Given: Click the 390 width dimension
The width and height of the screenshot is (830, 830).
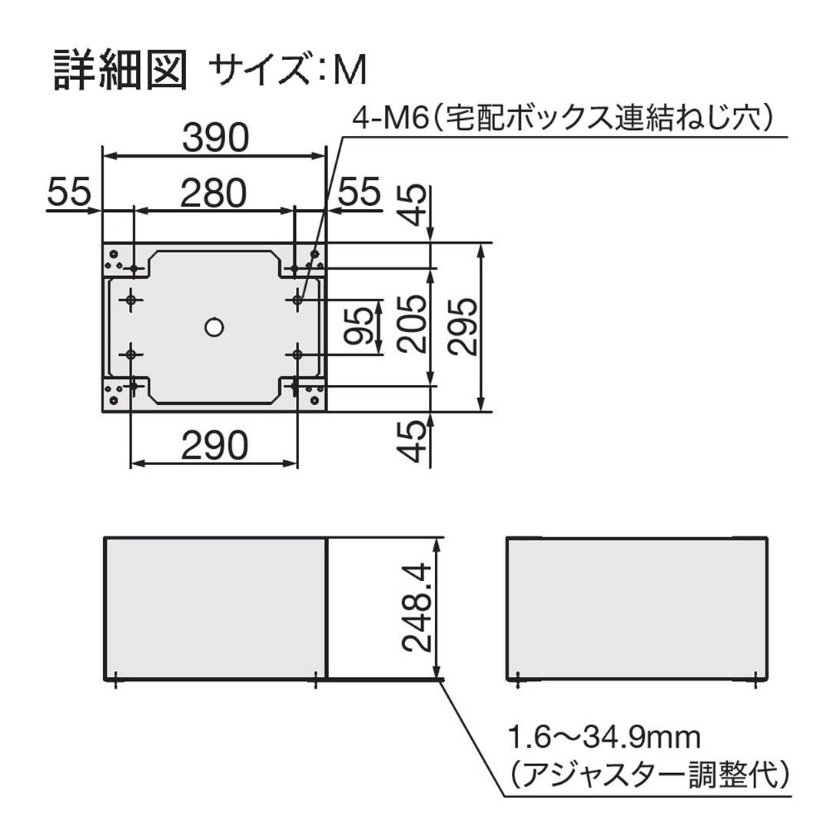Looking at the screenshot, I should click(x=215, y=138).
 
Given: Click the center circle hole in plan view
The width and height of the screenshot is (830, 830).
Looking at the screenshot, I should click(x=214, y=327).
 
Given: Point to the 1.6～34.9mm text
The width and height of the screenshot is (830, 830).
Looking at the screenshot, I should click(x=603, y=739).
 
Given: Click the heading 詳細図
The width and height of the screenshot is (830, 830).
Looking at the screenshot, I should click(x=120, y=71).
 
